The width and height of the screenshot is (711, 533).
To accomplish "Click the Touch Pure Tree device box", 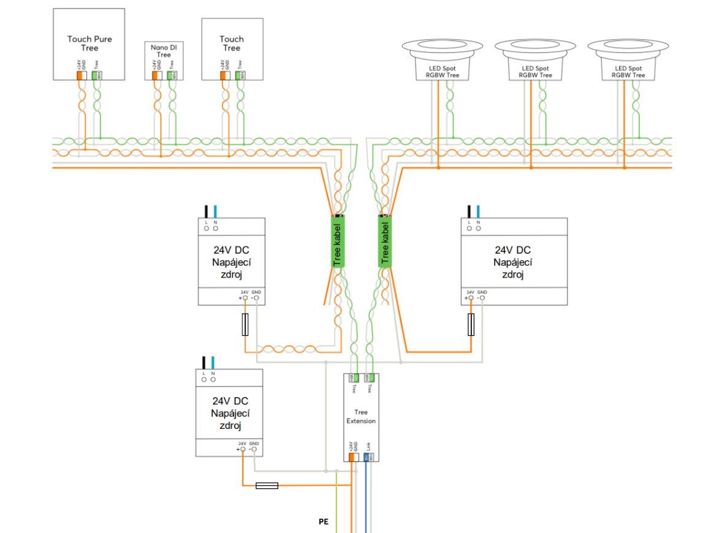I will click(x=89, y=43).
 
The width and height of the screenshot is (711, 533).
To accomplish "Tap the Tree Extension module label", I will click(x=361, y=417).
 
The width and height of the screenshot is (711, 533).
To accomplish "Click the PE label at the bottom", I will click(x=324, y=522).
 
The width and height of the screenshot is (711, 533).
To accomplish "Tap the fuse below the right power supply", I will click(x=471, y=324).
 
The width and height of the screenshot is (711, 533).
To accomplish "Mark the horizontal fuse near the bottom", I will click(x=267, y=486).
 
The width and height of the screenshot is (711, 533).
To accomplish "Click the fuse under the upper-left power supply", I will click(x=245, y=324).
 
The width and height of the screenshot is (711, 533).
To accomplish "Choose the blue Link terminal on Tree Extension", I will click(x=366, y=456).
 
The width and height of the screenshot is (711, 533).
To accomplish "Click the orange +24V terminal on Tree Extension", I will click(x=351, y=456).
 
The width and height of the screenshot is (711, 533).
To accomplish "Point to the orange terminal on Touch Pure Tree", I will click(x=80, y=75).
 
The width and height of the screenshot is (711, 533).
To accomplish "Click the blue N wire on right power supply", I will click(x=478, y=211).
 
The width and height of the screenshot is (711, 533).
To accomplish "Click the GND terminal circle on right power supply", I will click(x=482, y=298).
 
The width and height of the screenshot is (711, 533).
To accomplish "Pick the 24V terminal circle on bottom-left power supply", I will click(x=243, y=449).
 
